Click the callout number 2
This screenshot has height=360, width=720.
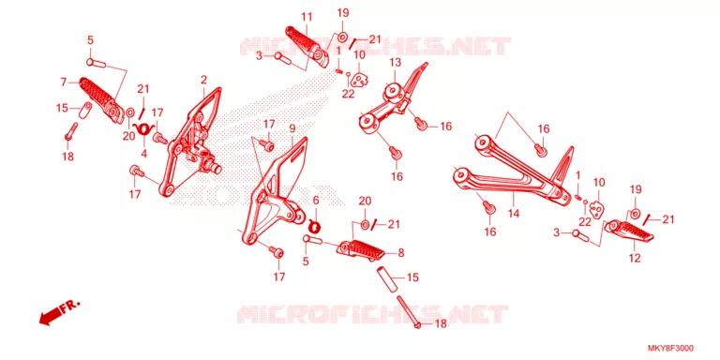coord(203,81)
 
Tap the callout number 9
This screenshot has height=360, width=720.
coord(292,128)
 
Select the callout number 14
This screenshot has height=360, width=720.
coord(514,214)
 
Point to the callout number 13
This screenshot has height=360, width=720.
coord(396,62)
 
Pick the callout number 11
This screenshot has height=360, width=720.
coord(307,18)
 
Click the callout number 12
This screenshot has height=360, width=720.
coord(635,258)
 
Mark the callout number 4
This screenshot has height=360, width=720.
coord(143,155)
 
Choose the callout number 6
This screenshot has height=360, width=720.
coord(315,201)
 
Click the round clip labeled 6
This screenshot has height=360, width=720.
coord(315,225)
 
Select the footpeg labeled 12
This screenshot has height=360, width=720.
coord(628,232)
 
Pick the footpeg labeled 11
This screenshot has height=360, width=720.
coord(307,46)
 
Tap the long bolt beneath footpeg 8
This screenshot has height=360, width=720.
coord(409,311)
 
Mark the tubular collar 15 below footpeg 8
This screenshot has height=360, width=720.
coord(386,278)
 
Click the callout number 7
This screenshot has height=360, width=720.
coord(64,82)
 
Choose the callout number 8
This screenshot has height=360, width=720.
coord(401,252)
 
